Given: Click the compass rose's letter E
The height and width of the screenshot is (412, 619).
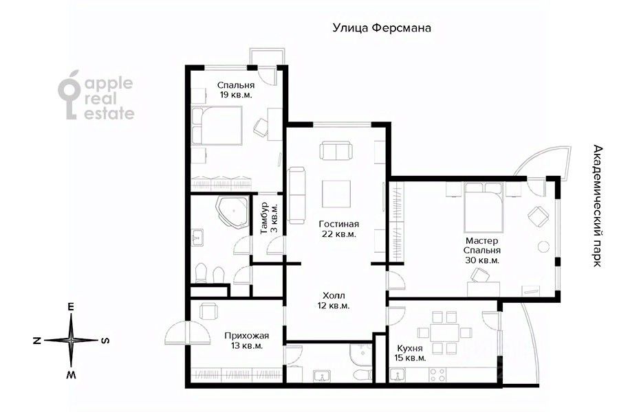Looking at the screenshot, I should tap(71, 308).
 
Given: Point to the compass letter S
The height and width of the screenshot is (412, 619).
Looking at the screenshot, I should tap(105, 340).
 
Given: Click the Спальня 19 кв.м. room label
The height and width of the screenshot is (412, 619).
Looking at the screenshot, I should tap(236, 90).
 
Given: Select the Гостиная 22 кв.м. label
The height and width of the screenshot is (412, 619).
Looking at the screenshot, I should tap(339, 229).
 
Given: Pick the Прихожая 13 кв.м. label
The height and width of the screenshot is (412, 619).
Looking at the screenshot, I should tap(246, 341).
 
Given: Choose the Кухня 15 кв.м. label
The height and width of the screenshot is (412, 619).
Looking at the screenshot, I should tap(411, 353).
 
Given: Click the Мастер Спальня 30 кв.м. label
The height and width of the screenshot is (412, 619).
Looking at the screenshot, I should tap(482, 251).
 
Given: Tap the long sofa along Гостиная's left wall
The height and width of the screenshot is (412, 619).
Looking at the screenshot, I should tap(298, 195).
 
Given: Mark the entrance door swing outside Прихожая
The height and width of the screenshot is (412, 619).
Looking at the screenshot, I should tap(186, 334).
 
